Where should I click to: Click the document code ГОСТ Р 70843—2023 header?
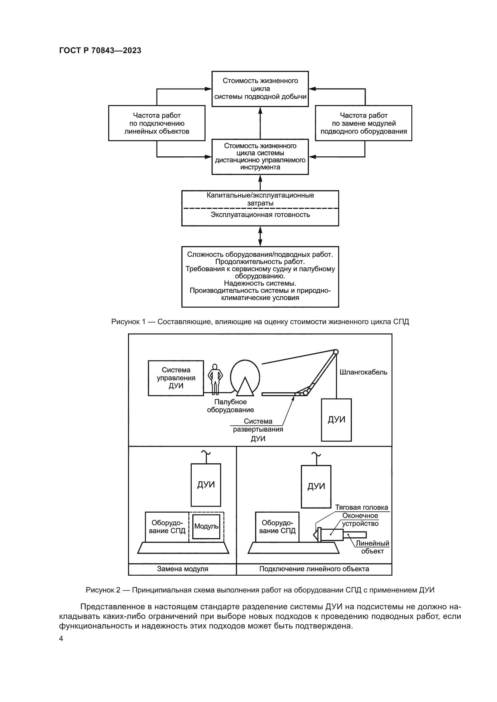coord(100,50)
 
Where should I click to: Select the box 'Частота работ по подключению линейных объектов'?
coord(157,123)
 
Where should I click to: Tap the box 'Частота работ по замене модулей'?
coord(364,123)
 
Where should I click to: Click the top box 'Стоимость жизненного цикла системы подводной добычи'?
coord(260,89)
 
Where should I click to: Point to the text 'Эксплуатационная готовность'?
coord(260,215)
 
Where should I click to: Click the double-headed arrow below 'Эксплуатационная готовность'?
coord(261,236)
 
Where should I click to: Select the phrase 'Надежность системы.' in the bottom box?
coord(260,283)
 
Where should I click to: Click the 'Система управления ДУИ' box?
coord(176,378)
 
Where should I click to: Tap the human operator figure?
coord(215,379)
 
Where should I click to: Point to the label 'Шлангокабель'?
coord(363,372)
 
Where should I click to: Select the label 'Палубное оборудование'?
coord(230,406)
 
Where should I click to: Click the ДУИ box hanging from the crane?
coord(336,420)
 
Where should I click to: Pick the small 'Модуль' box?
coord(206,526)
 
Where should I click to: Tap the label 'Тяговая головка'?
coord(361,508)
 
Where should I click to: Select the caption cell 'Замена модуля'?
coord(182,569)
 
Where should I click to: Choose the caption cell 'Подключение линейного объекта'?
coord(314,569)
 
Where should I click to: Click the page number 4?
coord(61,638)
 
